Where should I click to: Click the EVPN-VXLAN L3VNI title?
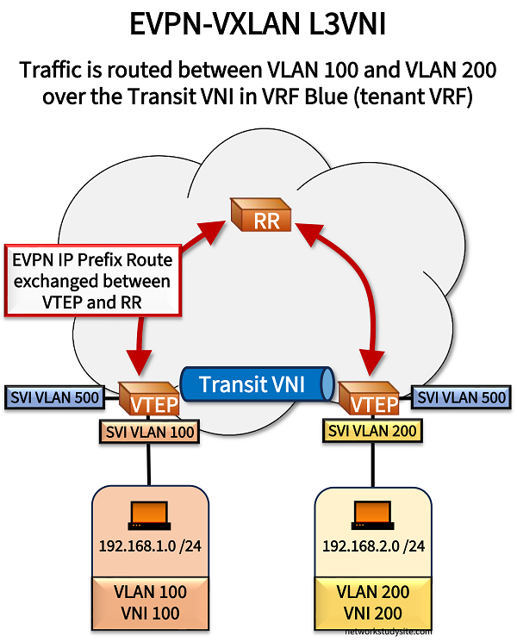[258, 23]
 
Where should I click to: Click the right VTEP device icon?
[368, 398]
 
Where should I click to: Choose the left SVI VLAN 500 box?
[56, 397]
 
